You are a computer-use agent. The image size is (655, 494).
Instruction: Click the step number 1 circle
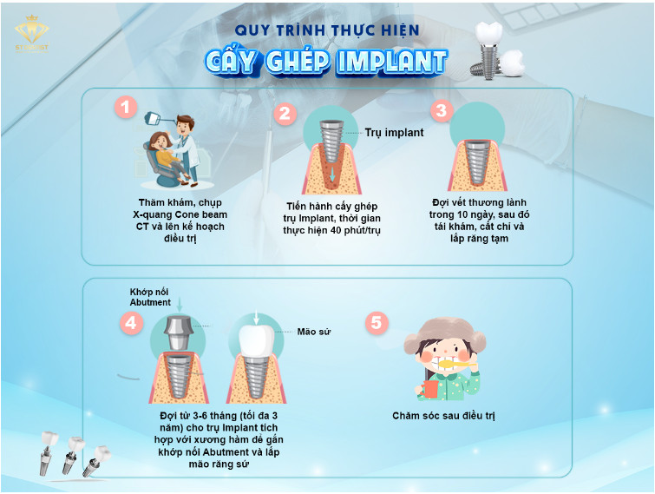pyautogui.click(x=125, y=108)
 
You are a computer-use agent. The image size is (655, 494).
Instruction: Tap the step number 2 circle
pyautogui.click(x=285, y=114)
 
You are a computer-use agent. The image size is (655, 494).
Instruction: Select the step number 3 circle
pyautogui.click(x=441, y=111)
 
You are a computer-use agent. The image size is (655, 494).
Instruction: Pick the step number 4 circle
pyautogui.click(x=132, y=323)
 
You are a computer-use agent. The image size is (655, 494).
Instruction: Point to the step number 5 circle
pyautogui.click(x=377, y=323)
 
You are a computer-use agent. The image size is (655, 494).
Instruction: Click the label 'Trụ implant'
pyautogui.click(x=394, y=133)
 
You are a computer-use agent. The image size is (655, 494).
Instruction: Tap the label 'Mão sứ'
pyautogui.click(x=314, y=332)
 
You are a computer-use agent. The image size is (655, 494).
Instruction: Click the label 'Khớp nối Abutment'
pyautogui.click(x=150, y=297)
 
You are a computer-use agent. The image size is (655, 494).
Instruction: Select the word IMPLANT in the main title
pyautogui.click(x=391, y=62)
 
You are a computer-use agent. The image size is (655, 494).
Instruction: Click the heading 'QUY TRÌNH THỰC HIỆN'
pyautogui.click(x=327, y=30)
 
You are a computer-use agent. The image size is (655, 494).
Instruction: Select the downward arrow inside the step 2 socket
pyautogui.click(x=332, y=175)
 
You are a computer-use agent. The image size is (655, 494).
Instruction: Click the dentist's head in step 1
pyautogui.click(x=185, y=123)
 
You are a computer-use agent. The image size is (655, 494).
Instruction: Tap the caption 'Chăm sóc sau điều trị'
pyautogui.click(x=443, y=416)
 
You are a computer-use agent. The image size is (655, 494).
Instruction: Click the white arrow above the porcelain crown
pyautogui.click(x=256, y=318)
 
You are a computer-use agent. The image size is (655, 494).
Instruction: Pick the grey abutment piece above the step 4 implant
pyautogui.click(x=178, y=333)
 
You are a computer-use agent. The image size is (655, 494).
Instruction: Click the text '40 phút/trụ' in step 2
pyautogui.click(x=355, y=230)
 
